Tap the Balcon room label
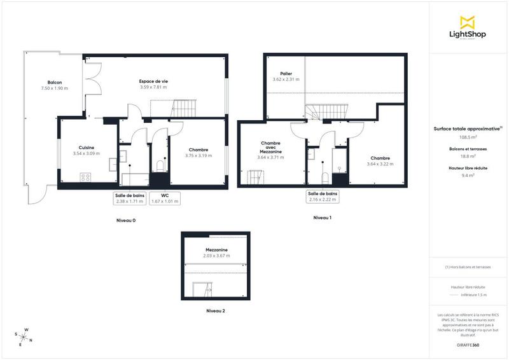54,83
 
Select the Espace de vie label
153,81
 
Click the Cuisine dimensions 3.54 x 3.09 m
86,153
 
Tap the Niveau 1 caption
322,218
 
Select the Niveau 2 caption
215,311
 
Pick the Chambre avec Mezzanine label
271,148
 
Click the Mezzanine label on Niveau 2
216,250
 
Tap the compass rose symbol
24,336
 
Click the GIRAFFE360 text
468,344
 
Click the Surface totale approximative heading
466,128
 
